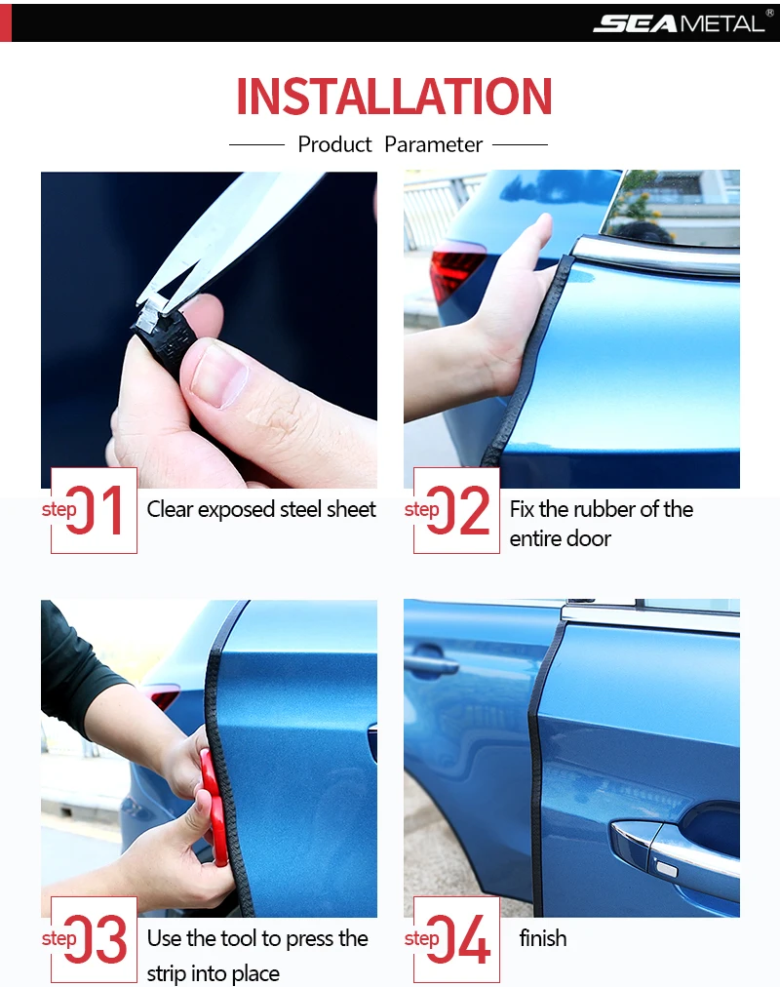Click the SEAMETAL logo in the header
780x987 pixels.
tap(682, 22)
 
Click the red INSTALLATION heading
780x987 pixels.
tap(394, 97)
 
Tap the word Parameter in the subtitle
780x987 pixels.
tap(434, 144)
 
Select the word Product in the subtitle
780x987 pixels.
tap(334, 144)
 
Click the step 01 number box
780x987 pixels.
tap(94, 510)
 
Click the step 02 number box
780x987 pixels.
tap(456, 510)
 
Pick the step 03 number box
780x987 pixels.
tap(94, 939)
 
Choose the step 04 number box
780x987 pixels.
tap(456, 939)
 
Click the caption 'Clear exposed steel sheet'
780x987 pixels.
tap(261, 509)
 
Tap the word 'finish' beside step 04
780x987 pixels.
tap(543, 938)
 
